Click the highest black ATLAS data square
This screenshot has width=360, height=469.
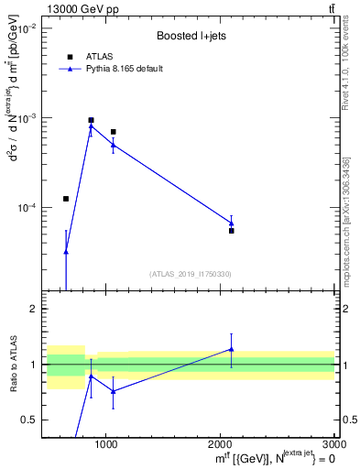91,120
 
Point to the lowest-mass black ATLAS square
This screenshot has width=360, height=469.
66,199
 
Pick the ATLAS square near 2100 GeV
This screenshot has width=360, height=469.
232,231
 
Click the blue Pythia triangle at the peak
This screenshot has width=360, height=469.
91,126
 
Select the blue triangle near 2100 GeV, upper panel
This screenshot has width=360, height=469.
232,223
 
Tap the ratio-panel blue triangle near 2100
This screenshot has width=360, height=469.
232,349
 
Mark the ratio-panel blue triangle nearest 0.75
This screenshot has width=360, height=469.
113,391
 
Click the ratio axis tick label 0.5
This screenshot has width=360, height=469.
28,420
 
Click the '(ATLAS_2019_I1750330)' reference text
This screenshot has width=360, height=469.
190,274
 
